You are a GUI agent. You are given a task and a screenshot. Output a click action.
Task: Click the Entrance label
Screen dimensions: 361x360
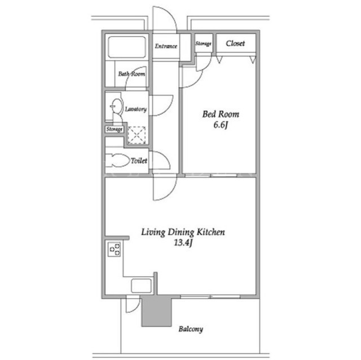pyautogui.click(x=166, y=46)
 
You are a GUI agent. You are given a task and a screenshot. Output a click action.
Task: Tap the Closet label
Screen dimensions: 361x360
pyautogui.click(x=235, y=43)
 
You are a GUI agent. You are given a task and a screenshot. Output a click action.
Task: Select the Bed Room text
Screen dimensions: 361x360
pyautogui.click(x=221, y=114)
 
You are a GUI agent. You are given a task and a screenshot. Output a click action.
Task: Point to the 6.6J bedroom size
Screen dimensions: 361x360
pyautogui.click(x=221, y=125)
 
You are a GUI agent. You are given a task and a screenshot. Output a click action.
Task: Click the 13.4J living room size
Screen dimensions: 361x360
pyautogui.click(x=183, y=243)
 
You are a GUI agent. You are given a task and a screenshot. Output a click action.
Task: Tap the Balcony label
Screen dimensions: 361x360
pyautogui.click(x=191, y=329)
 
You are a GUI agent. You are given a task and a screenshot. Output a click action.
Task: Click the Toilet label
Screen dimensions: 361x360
pyautogui.click(x=139, y=161)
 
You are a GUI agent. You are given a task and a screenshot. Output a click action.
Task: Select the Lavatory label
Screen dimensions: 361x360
pyautogui.click(x=135, y=109)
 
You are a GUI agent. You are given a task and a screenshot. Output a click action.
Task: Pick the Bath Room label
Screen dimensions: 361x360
pyautogui.click(x=131, y=74)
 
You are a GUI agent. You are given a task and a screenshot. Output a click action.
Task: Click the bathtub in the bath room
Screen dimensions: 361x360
pyautogui.click(x=127, y=47)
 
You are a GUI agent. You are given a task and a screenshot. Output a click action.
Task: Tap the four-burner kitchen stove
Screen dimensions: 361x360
pyautogui.click(x=115, y=249)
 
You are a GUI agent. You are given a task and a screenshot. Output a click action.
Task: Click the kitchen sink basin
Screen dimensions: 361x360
pyautogui.click(x=142, y=286)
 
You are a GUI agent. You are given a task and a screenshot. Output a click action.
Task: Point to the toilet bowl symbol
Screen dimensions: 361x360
pyautogui.click(x=117, y=160)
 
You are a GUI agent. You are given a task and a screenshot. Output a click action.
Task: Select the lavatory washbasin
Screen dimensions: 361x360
pyautogui.click(x=117, y=106)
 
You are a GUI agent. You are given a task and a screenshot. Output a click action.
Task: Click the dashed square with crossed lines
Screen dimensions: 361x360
pyautogui.click(x=137, y=135)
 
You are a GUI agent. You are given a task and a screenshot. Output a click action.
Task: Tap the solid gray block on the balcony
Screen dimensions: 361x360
pyautogui.click(x=157, y=312)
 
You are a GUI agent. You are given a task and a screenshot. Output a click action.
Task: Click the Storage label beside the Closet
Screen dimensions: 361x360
pyautogui.click(x=203, y=43)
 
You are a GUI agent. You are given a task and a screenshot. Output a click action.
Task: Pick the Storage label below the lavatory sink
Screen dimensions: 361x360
pyautogui.click(x=115, y=129)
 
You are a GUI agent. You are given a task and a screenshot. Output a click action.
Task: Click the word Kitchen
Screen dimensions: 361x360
pyautogui.click(x=210, y=232)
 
